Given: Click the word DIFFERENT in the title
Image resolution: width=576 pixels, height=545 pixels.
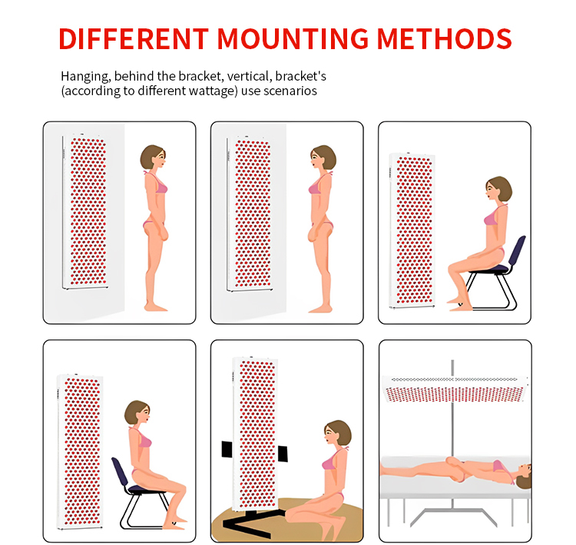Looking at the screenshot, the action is [134, 38].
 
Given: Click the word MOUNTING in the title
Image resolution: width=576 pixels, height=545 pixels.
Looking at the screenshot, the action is [293, 38].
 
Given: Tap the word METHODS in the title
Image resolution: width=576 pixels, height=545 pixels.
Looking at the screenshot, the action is [444, 38].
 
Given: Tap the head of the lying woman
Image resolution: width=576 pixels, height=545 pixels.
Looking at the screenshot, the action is [523, 477].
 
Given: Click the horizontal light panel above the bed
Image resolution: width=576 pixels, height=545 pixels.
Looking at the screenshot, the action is [455, 389].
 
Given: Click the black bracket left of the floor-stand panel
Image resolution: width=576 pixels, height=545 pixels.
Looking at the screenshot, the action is [227, 450].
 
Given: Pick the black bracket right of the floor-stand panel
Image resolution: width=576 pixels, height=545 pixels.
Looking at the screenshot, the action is [283, 454].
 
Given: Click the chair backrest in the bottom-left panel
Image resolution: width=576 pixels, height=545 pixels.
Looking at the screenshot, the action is [119, 472].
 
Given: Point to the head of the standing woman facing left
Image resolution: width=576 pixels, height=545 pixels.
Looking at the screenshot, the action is [323, 157].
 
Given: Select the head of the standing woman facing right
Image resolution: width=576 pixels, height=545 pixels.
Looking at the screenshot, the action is [153, 157].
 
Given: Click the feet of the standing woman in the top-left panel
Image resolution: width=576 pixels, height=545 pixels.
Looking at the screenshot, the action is [156, 306].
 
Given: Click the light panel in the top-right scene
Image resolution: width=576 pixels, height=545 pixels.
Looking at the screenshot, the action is [412, 230].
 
